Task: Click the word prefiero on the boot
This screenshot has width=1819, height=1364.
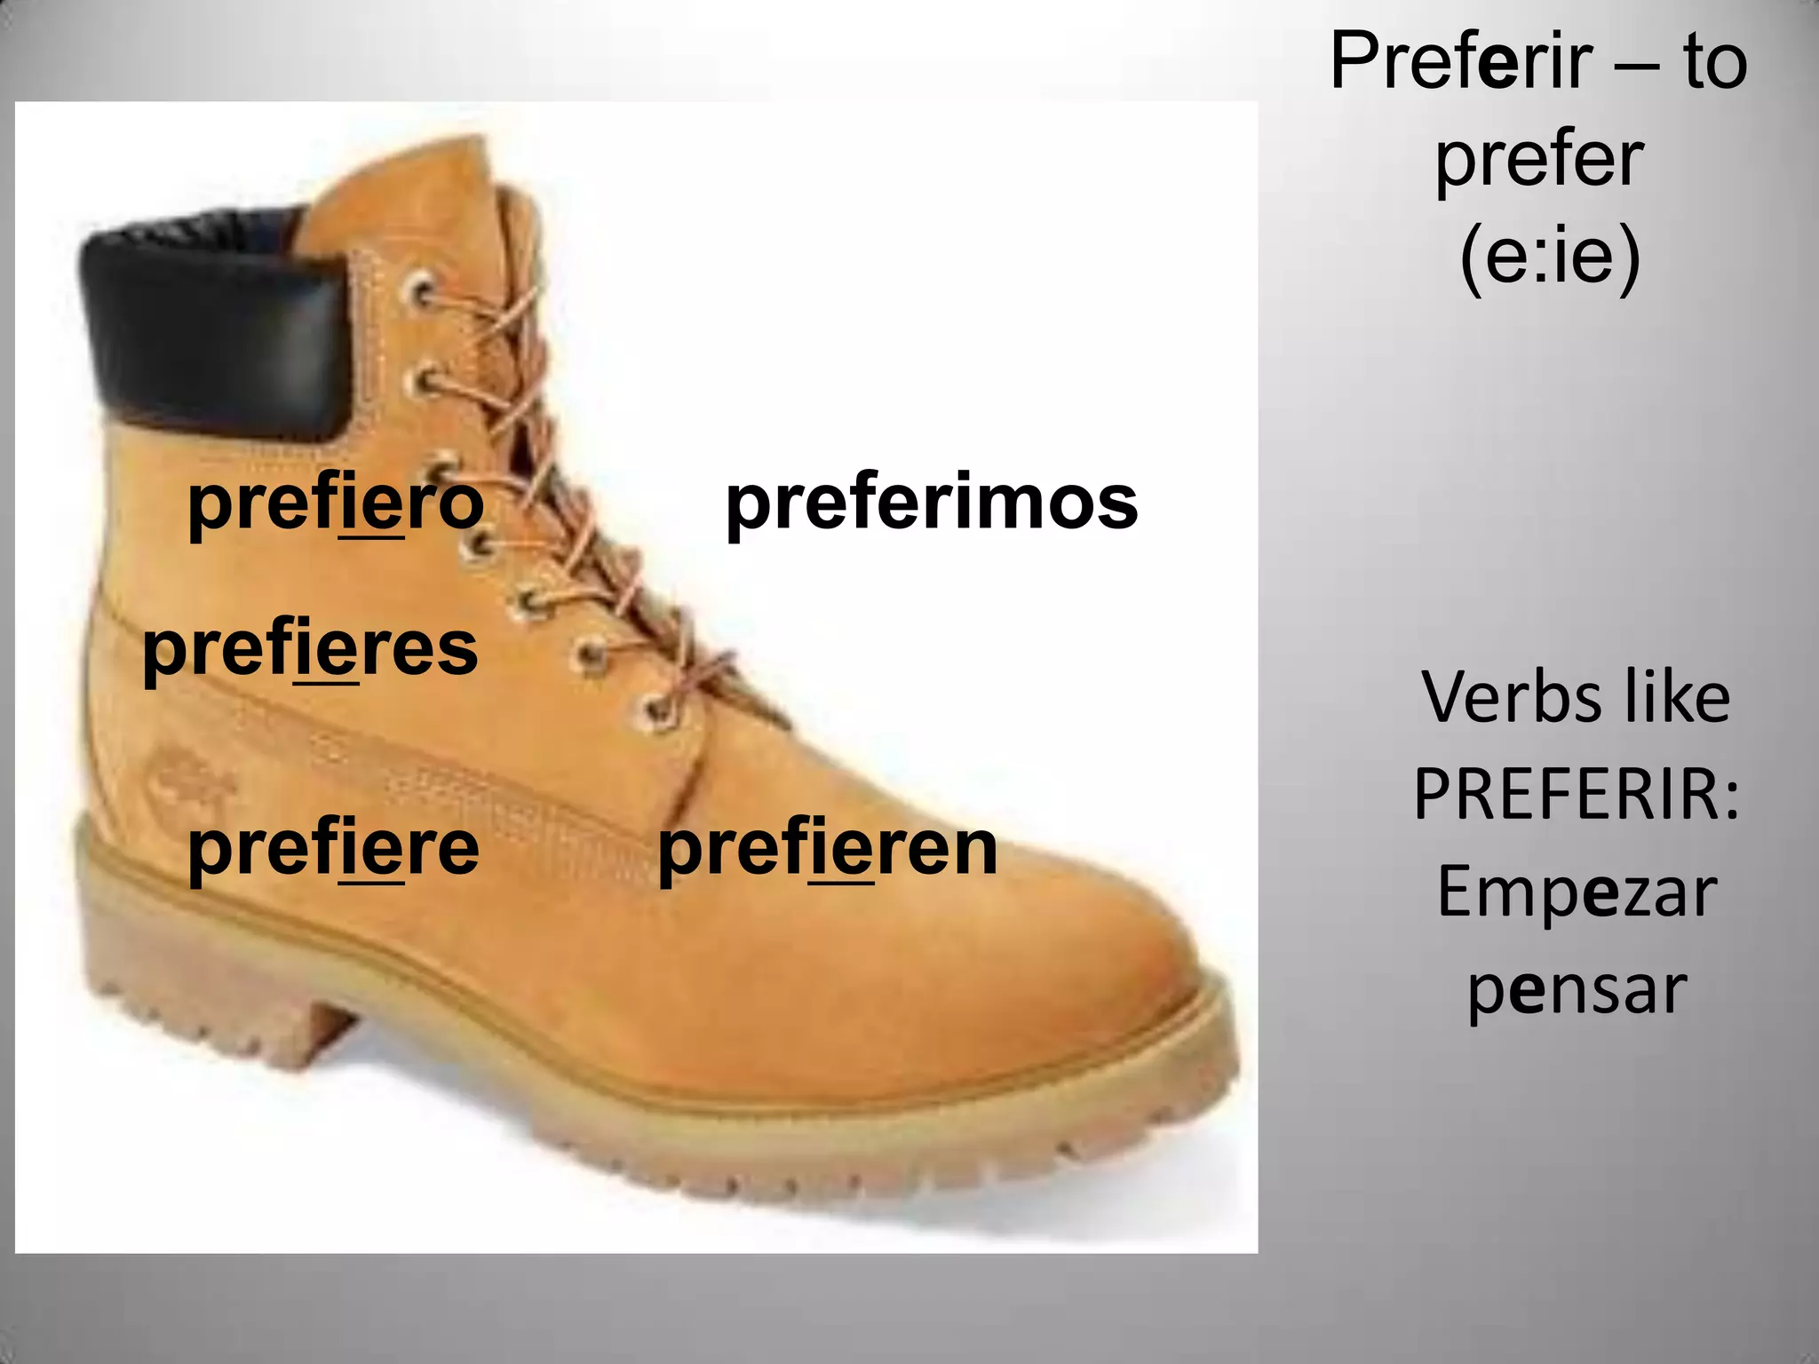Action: coord(336,503)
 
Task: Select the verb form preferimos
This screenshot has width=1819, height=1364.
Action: coord(932,503)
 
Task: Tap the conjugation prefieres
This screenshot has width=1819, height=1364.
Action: coord(310,648)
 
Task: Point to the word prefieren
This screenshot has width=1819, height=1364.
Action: coord(828,849)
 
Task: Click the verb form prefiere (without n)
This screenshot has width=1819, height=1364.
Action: coord(334,849)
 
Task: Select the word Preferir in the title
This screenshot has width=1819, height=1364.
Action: coord(1474,62)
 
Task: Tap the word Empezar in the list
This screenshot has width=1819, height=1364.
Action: coord(1577,892)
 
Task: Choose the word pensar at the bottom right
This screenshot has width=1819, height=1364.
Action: coord(1577,989)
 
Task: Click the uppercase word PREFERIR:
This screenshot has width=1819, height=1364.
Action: coord(1577,794)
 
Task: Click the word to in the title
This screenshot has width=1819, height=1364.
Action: coord(1714,62)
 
